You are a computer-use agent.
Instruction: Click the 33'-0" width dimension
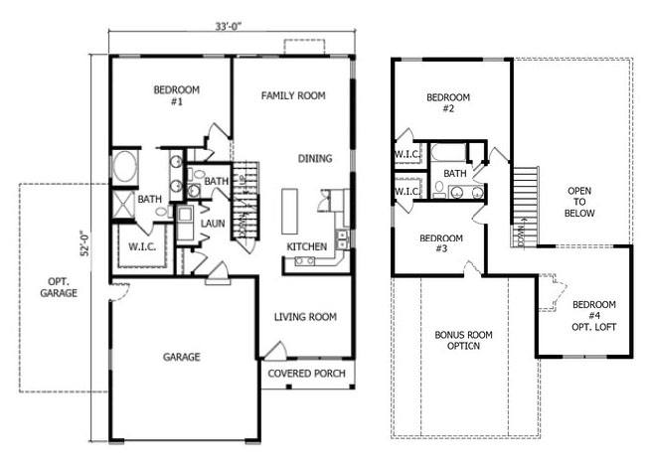click(228, 26)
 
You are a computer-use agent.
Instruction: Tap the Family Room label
click(293, 95)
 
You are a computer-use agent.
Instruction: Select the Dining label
click(315, 158)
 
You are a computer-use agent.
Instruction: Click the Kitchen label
click(307, 246)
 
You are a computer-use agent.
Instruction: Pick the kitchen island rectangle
click(289, 212)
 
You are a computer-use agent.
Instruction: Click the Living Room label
click(305, 317)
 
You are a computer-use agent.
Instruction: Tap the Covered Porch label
click(306, 374)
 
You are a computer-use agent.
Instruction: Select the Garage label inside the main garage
click(182, 357)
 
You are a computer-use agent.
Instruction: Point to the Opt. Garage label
click(59, 287)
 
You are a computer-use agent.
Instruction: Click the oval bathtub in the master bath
click(124, 167)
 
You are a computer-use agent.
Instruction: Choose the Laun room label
click(213, 224)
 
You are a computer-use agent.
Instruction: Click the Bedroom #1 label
click(177, 95)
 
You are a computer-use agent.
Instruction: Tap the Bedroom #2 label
click(448, 102)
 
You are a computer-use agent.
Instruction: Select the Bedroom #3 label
click(441, 243)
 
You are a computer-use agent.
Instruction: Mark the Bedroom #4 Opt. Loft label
click(594, 316)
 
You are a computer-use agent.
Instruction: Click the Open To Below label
click(579, 202)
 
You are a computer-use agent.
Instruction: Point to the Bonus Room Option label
click(463, 340)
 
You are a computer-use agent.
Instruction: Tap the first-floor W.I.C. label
click(142, 247)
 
